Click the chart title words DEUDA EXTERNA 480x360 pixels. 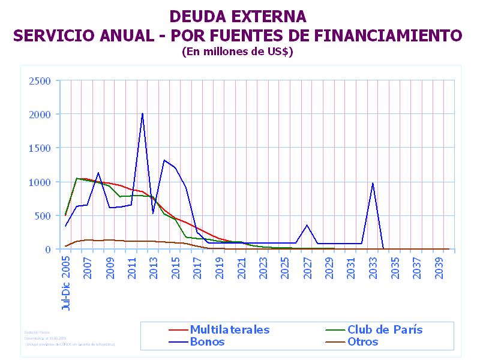tap(238, 16)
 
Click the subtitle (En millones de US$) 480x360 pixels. tap(237, 52)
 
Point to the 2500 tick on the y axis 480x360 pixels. tap(41, 80)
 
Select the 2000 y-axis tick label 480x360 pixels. tap(41, 114)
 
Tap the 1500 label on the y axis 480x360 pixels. tap(41, 148)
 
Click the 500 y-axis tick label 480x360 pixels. tap(44, 215)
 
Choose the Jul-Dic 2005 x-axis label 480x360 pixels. tap(66, 281)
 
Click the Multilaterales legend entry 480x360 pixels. tap(229, 329)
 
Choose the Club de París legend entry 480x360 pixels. tap(385, 329)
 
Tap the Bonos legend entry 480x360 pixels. tap(207, 342)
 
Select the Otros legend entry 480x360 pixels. tap(362, 342)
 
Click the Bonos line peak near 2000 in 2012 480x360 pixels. tap(142, 113)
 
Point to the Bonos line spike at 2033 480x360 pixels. tap(373, 183)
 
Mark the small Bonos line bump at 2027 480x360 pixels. tap(307, 225)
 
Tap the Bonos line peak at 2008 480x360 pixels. tap(98, 173)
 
